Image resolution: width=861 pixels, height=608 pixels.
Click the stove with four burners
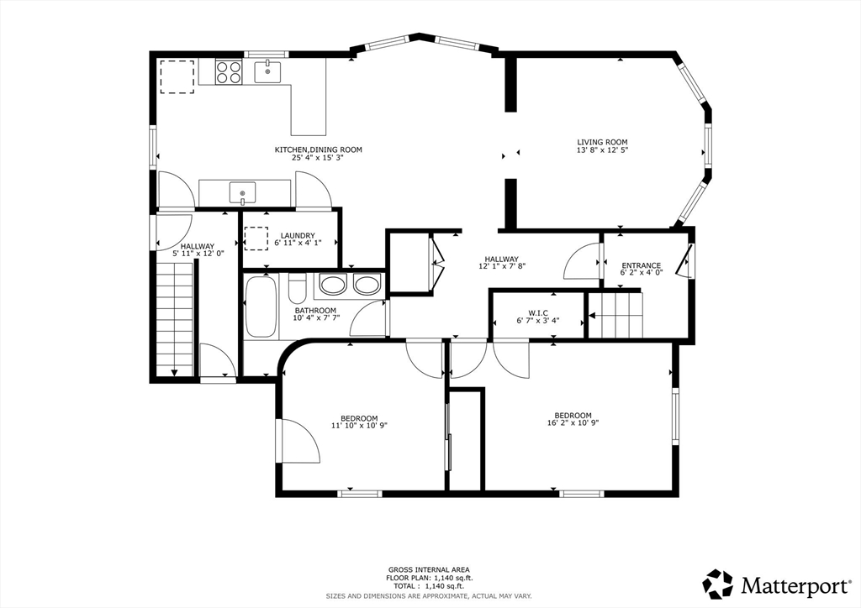[x=229, y=72]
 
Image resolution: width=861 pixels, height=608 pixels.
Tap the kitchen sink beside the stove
[x=267, y=72]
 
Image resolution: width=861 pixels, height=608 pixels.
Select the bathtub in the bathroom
[x=261, y=307]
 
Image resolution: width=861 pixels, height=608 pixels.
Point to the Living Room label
[x=602, y=142]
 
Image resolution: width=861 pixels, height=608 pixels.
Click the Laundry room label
[x=298, y=236]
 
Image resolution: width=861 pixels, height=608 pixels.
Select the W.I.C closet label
[x=538, y=313]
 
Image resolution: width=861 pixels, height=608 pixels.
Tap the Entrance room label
[x=642, y=265]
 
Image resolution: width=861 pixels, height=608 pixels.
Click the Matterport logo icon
[x=718, y=584]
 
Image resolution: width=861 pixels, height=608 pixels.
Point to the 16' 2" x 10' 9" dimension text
[x=573, y=422]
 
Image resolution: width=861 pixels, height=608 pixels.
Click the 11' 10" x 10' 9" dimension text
[x=359, y=425]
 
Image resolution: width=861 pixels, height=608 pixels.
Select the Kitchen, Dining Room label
[x=319, y=149]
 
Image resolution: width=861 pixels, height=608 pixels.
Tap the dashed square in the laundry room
[x=256, y=238]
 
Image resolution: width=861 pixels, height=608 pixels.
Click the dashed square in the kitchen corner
[x=177, y=76]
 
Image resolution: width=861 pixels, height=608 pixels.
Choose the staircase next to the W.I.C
[x=615, y=315]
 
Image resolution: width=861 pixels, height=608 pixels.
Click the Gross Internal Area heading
[x=429, y=569]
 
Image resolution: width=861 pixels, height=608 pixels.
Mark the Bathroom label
[x=315, y=311]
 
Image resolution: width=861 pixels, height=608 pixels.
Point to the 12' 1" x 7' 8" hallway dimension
[x=501, y=266]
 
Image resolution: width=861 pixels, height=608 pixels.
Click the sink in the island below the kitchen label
[x=243, y=193]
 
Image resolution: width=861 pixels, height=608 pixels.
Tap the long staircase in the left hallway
[x=175, y=318]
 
